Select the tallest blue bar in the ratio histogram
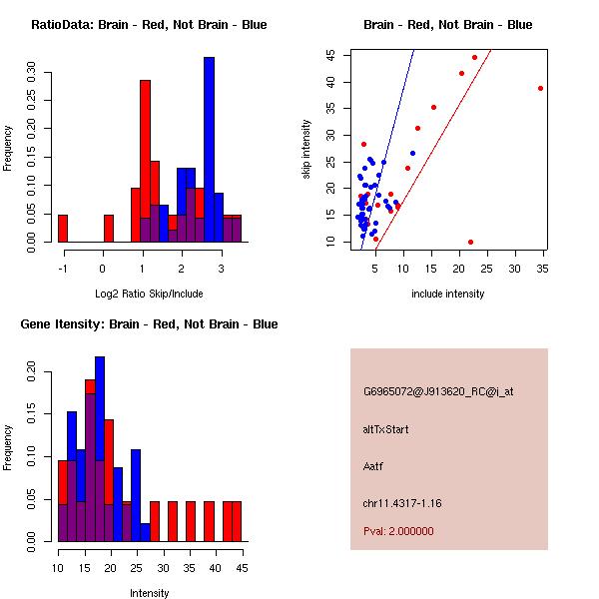[209, 150]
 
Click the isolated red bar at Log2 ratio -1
[62, 229]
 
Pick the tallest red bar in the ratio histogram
[145, 161]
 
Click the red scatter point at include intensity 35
[540, 88]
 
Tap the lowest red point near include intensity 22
[470, 242]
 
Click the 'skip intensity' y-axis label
[306, 150]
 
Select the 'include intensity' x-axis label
[448, 294]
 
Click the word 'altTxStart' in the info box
[385, 429]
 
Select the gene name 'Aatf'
[373, 465]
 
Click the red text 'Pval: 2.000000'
[398, 531]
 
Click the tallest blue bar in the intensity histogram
[100, 448]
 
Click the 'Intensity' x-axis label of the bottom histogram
[149, 593]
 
